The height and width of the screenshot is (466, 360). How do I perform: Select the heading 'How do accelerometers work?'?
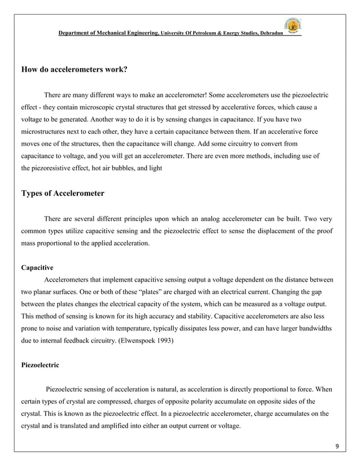[x=74, y=71]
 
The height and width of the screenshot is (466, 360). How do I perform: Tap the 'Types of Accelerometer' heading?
[x=63, y=193]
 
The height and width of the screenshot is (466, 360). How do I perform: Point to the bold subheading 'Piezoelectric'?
[x=39, y=365]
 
